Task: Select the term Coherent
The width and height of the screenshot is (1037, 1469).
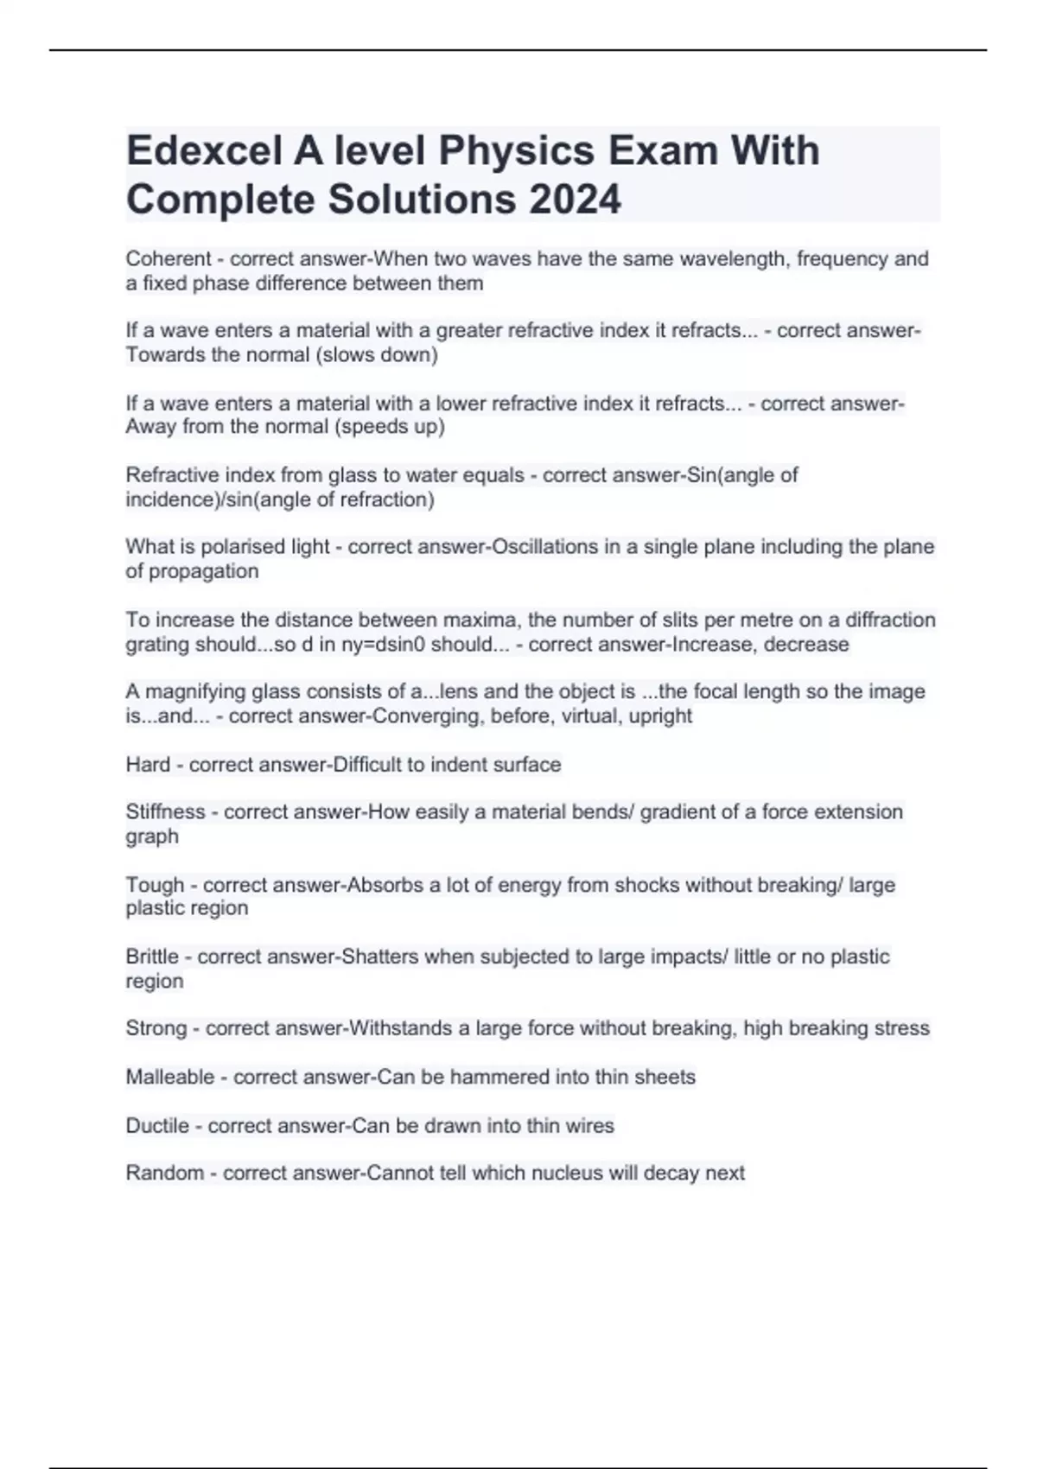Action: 169,258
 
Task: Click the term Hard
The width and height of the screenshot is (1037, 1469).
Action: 148,764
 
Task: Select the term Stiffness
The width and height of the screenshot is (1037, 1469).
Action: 165,811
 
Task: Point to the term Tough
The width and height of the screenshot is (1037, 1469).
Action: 155,884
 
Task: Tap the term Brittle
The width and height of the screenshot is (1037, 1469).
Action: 152,957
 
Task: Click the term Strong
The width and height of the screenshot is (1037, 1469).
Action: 156,1027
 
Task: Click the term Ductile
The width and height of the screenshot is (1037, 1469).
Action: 157,1125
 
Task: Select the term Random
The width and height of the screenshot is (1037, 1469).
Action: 165,1173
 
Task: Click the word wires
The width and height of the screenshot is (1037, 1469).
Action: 589,1125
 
